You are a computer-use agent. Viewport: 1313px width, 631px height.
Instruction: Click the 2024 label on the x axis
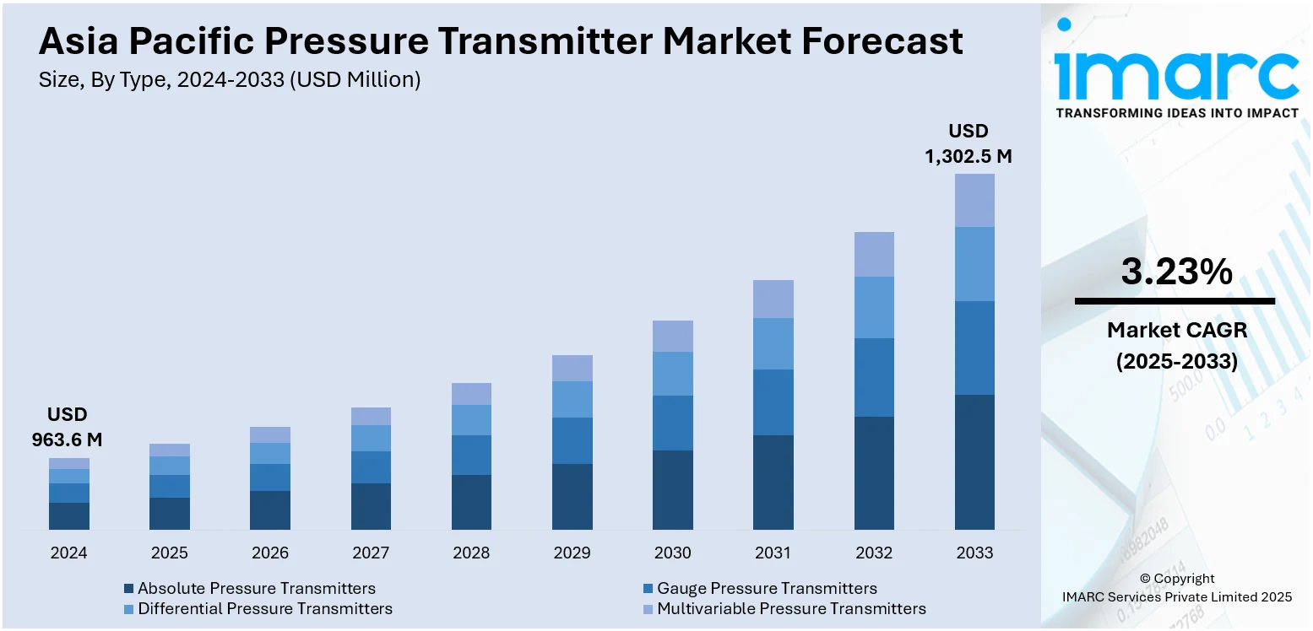point(68,553)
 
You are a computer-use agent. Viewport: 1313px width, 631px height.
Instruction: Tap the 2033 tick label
point(974,553)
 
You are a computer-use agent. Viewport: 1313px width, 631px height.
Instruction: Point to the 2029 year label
point(572,553)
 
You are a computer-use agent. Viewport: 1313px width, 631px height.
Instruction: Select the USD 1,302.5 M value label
point(968,144)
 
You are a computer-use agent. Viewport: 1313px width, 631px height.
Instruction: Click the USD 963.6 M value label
point(68,427)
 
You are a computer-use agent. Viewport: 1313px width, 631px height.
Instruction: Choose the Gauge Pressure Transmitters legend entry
point(759,589)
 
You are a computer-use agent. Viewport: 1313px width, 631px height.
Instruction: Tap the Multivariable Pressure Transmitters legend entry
point(784,608)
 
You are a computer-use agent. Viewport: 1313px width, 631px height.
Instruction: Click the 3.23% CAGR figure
point(1176,272)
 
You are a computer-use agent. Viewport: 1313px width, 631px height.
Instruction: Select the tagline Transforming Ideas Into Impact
point(1176,113)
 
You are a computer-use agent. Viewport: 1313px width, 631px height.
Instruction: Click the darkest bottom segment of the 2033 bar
point(974,461)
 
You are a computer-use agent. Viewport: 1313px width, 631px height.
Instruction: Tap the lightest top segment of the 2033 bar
point(974,201)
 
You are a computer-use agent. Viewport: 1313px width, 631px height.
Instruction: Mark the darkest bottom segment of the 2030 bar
point(673,490)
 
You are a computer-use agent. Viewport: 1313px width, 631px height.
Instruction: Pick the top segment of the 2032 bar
point(874,254)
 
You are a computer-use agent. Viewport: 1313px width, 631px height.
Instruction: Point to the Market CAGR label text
point(1176,330)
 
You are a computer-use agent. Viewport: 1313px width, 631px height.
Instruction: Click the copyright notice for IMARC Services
point(1176,588)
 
